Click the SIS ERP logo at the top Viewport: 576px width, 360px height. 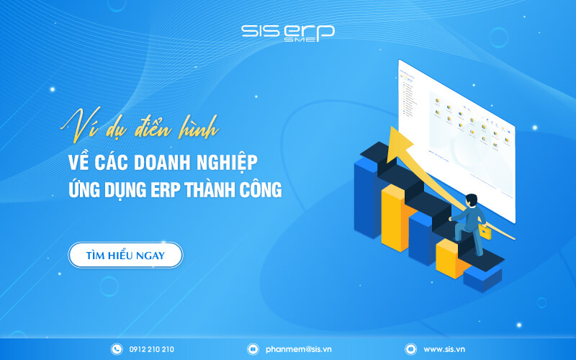287,33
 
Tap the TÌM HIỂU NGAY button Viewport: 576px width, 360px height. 125,256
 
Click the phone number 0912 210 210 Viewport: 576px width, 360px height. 150,349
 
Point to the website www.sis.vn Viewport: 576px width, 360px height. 444,349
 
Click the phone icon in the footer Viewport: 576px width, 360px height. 117,349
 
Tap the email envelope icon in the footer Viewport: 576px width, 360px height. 253,349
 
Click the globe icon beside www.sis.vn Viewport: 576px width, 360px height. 410,349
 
